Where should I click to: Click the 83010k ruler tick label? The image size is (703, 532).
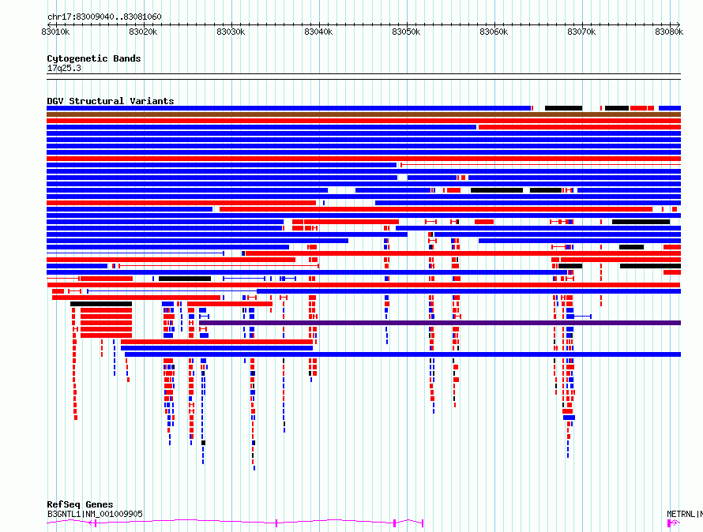(55, 32)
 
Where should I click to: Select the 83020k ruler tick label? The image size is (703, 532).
(143, 32)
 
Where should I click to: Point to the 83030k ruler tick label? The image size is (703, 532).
(231, 32)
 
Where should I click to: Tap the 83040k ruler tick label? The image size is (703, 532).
(318, 32)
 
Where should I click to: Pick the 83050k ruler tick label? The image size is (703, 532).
(406, 32)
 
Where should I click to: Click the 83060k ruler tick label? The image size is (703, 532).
(494, 32)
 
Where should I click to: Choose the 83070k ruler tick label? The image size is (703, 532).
(581, 32)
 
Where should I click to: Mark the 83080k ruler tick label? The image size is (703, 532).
(669, 32)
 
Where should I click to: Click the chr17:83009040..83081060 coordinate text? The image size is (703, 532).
(104, 17)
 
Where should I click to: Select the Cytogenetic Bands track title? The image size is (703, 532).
(94, 58)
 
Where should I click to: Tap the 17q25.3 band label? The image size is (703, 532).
(64, 68)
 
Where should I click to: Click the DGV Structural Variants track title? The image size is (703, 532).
(111, 101)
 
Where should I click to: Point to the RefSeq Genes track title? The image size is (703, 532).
(80, 504)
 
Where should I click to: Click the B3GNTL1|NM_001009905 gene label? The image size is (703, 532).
(95, 514)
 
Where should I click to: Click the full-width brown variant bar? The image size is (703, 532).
(363, 114)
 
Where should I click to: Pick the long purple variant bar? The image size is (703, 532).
(440, 323)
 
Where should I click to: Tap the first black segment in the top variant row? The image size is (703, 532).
(563, 108)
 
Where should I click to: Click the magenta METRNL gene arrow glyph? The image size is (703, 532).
(674, 523)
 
